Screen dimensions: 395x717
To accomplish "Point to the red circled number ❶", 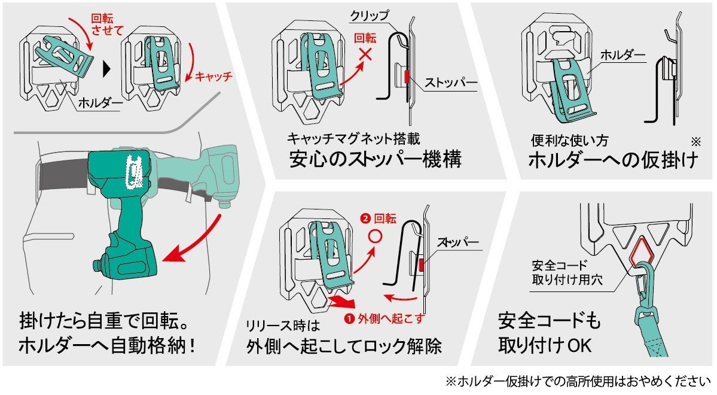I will click(348, 318).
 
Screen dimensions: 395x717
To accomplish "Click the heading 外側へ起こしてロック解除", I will click(345, 347).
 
